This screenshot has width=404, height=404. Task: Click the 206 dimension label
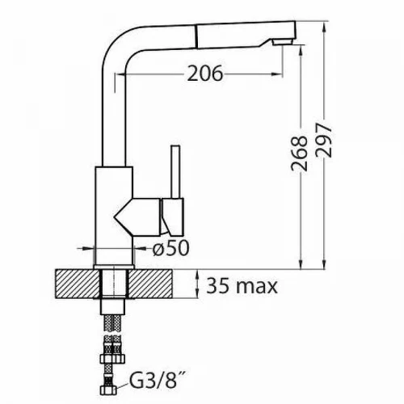tap(205, 74)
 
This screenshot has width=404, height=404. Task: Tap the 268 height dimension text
tap(299, 154)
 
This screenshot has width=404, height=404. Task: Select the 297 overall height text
tap(323, 140)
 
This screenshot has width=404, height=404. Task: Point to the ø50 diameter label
tap(170, 248)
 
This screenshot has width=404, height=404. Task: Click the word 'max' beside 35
tap(256, 288)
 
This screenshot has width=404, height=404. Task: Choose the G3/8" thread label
tap(157, 380)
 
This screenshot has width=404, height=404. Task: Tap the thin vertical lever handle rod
tap(175, 172)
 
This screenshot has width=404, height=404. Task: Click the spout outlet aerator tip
tap(282, 42)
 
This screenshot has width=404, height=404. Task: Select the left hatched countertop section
tap(78, 284)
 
